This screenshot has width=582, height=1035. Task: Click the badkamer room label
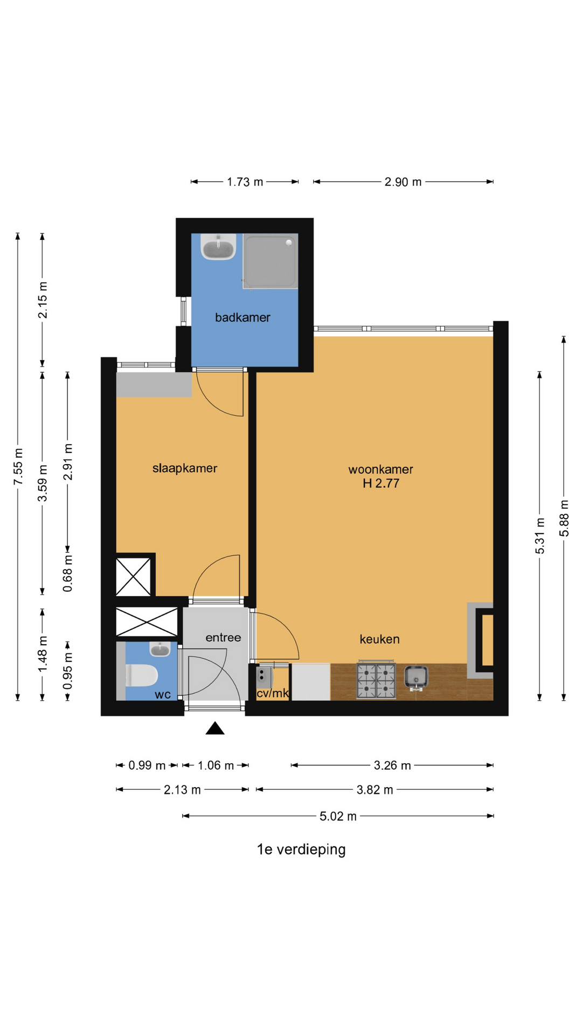(242, 318)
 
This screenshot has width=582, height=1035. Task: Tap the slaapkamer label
(185, 468)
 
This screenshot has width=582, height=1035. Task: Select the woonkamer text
(380, 470)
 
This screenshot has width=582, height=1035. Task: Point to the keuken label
(380, 639)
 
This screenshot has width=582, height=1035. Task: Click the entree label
(223, 638)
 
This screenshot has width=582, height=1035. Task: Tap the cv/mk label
(273, 693)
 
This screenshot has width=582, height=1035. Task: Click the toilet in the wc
(141, 675)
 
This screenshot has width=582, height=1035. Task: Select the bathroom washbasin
(218, 247)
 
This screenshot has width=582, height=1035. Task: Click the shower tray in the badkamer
(270, 261)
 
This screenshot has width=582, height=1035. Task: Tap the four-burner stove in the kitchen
(376, 681)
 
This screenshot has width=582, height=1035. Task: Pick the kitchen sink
(416, 677)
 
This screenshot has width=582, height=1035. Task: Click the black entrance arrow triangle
(215, 728)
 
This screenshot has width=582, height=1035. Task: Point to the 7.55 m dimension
(18, 466)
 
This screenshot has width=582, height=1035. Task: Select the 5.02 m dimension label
(338, 816)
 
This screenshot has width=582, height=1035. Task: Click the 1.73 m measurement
(245, 182)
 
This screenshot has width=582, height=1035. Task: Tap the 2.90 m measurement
(403, 182)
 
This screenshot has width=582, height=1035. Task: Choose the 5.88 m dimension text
(564, 518)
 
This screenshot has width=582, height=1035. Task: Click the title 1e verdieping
(301, 850)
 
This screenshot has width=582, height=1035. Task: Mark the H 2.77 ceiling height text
(381, 484)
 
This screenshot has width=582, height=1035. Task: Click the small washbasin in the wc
(160, 649)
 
